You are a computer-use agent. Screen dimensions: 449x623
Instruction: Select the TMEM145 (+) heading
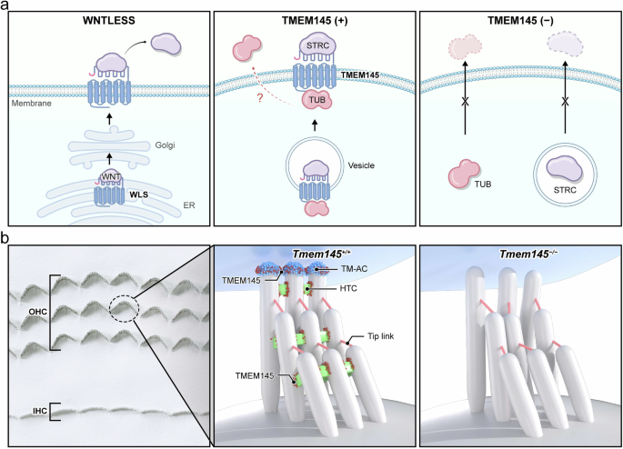coord(312,18)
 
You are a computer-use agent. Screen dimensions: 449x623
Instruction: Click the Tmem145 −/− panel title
coord(517,254)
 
